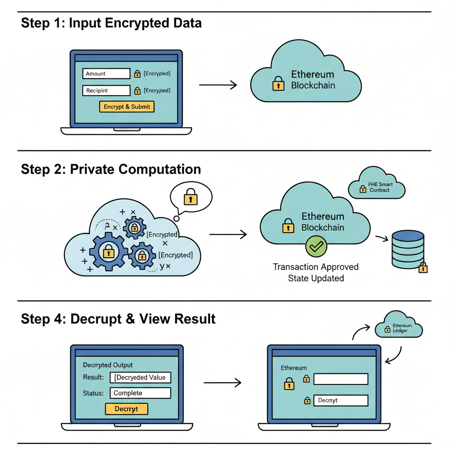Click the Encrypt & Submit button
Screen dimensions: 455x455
(x=127, y=107)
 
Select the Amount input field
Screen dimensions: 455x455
(x=106, y=74)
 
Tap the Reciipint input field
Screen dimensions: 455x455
(x=106, y=91)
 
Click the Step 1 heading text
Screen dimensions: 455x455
(x=111, y=23)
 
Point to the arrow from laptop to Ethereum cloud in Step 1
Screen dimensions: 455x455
(x=218, y=85)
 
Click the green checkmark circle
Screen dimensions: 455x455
(x=316, y=247)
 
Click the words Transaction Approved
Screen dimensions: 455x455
(x=315, y=267)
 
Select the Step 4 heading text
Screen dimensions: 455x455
(x=118, y=319)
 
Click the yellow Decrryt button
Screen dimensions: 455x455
(x=127, y=409)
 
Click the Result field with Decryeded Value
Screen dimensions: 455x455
(x=140, y=377)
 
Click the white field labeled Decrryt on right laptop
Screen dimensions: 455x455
(x=341, y=400)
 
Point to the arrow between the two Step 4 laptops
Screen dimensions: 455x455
(x=222, y=382)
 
